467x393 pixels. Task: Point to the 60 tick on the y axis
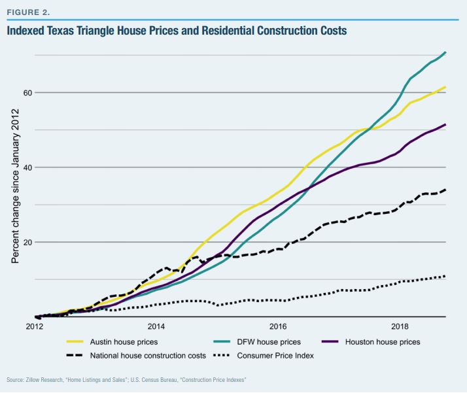click(x=28, y=92)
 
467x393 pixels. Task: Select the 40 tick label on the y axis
click(x=28, y=167)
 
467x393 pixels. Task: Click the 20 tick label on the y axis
click(x=28, y=242)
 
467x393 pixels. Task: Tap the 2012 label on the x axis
click(x=34, y=326)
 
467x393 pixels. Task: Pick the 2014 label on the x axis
click(x=156, y=326)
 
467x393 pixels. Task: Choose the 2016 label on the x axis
click(x=278, y=326)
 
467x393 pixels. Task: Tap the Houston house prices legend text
click(x=384, y=342)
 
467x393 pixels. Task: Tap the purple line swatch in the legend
click(x=332, y=342)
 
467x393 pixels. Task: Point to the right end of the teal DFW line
click(x=446, y=52)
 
